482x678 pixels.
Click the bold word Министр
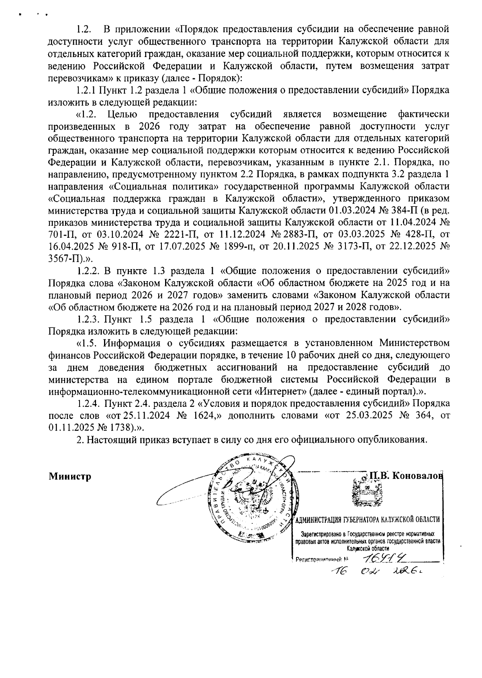(70, 476)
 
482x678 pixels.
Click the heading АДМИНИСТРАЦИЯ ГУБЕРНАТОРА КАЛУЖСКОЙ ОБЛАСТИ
(367, 520)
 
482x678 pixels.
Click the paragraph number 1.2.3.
(89, 320)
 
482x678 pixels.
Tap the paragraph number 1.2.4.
(89, 403)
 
